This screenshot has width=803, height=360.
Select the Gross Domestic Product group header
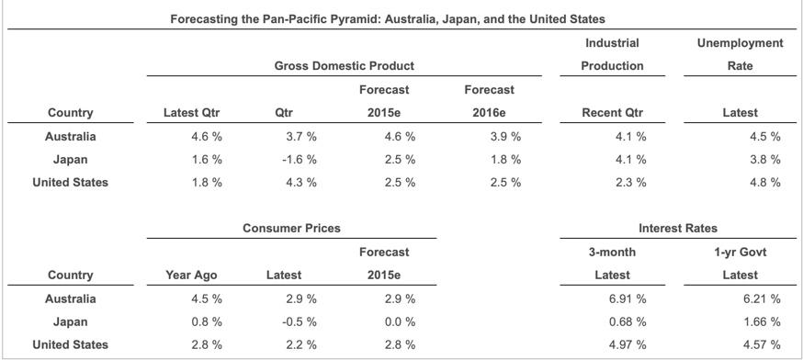pos(344,66)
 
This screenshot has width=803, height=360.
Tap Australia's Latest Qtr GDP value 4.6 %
pos(205,137)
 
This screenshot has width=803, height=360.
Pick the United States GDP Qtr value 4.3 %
pos(301,182)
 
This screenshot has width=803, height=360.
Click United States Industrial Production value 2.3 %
pos(630,182)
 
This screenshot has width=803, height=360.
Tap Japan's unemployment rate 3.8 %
pos(764,159)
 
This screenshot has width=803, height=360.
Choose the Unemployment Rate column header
pos(740,54)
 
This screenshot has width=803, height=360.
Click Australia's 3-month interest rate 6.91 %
pos(628,298)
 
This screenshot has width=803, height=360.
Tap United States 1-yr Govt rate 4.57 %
pos(762,344)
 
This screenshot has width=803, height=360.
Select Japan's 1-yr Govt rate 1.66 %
pos(762,321)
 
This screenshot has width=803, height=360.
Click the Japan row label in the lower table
pos(70,321)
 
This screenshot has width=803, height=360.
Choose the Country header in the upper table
pos(70,113)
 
